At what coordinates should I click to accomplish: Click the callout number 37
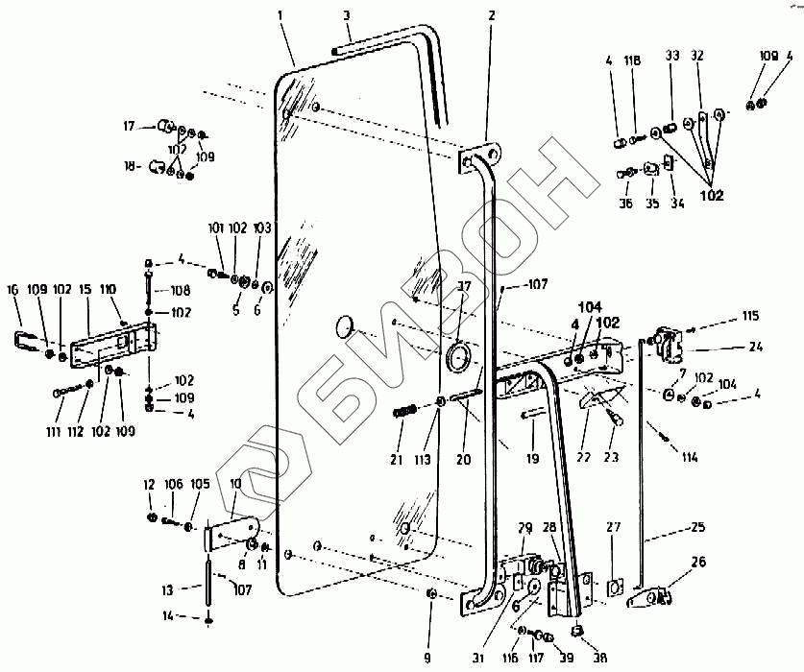464,286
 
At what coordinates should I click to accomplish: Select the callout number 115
748,316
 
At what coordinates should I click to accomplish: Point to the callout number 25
696,527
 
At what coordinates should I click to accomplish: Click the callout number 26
698,563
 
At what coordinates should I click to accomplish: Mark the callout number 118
632,60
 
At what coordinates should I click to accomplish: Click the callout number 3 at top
346,15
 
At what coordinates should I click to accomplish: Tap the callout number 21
397,460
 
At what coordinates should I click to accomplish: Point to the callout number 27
614,527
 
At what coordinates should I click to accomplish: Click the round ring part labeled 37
457,358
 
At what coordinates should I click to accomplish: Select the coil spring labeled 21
404,413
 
